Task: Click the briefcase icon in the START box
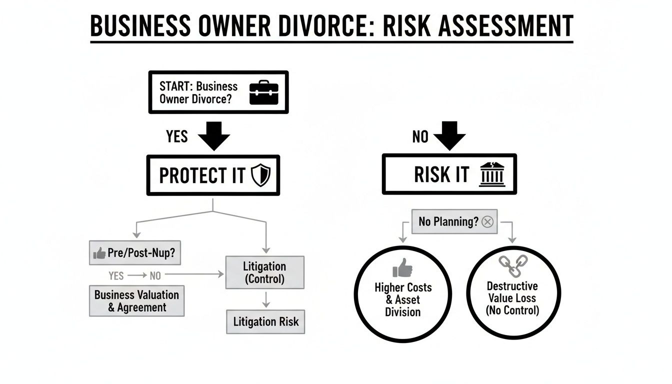[263, 92]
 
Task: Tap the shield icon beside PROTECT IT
[260, 176]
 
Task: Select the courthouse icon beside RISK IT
[492, 174]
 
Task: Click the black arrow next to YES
[214, 135]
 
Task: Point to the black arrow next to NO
[449, 135]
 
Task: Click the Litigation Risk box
[265, 322]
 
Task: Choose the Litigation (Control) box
[264, 272]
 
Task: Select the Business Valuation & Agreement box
[136, 301]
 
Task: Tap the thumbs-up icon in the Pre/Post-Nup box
[99, 253]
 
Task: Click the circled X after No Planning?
[487, 221]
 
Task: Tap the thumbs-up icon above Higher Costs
[403, 268]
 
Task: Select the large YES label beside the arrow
[176, 135]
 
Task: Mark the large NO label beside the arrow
[420, 136]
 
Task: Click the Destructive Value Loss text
[512, 298]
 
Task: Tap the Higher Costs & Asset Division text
[403, 299]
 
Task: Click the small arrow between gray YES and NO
[136, 275]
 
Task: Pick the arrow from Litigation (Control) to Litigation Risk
[266, 299]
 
